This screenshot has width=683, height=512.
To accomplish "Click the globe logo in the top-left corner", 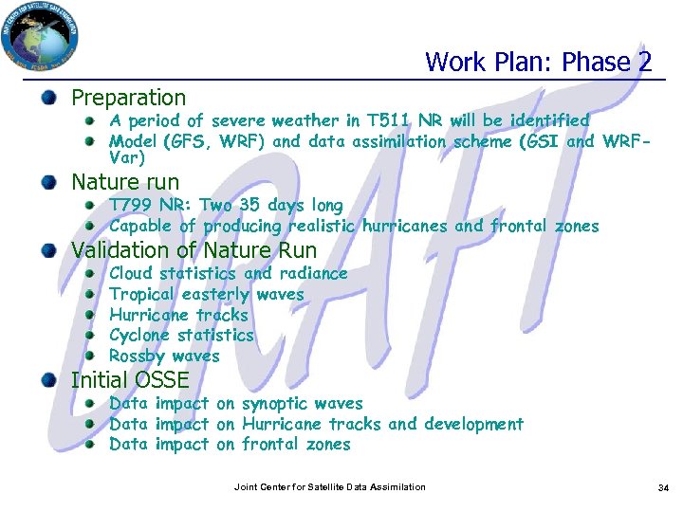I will (x=40, y=39).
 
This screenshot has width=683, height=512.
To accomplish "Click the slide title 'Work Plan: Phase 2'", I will (x=538, y=63).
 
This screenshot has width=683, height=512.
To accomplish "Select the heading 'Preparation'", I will (x=129, y=98).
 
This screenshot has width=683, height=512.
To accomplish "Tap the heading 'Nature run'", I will (x=125, y=182).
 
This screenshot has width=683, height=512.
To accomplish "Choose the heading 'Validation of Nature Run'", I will (x=194, y=251).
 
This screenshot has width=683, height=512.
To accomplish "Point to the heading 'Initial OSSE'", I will (x=130, y=380).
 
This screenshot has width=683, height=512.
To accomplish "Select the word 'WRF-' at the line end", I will (x=626, y=141).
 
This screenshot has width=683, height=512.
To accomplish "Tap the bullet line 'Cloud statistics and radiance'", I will (x=228, y=273).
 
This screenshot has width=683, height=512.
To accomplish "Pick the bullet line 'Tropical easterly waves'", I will (x=206, y=294).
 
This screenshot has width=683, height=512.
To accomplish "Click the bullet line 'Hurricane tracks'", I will (x=178, y=315).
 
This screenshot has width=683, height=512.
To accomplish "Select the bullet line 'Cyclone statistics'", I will (x=181, y=335).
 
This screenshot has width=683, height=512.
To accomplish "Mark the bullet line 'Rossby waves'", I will (x=164, y=357).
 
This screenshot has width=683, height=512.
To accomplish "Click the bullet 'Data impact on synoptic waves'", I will (x=235, y=403).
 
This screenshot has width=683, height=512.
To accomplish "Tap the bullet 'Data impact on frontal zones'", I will (x=230, y=444).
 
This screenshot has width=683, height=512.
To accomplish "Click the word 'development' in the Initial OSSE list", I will (x=473, y=424).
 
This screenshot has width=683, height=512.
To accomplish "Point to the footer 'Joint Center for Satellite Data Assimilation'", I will (x=329, y=487).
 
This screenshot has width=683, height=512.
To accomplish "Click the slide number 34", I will (x=663, y=487).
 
